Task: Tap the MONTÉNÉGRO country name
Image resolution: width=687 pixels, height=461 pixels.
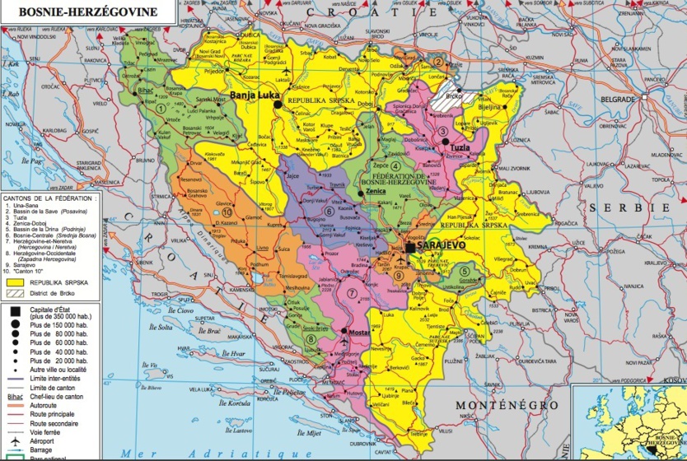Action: pyautogui.click(x=507, y=405)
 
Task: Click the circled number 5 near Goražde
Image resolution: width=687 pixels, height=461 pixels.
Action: pyautogui.click(x=465, y=272)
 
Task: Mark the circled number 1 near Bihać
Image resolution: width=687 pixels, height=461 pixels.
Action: pyautogui.click(x=160, y=108)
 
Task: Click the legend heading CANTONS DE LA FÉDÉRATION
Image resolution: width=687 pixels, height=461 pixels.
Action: pyautogui.click(x=49, y=198)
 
